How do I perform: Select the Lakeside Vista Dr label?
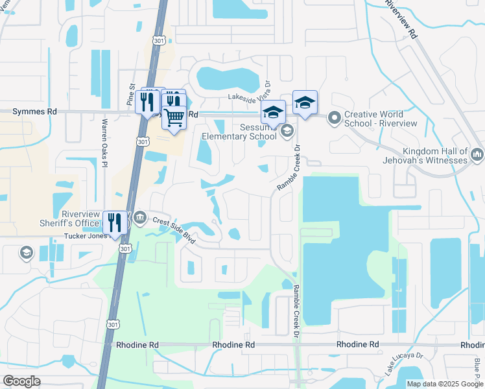click(249, 95)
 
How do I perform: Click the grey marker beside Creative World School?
click(335, 118)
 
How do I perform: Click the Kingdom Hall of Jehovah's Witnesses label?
click(426, 155)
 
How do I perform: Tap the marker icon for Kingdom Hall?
click(478, 154)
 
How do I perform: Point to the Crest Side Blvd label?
click(174, 229)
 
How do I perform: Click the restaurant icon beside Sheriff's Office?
click(115, 222)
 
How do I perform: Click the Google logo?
click(21, 381)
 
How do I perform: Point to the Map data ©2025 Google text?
click(444, 384)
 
